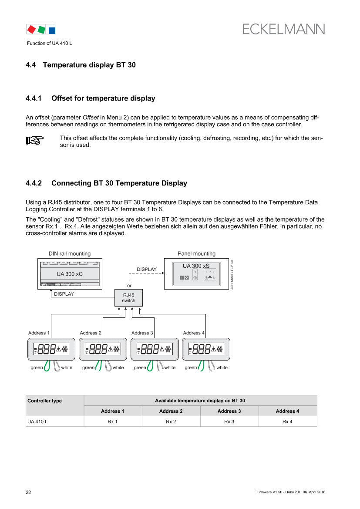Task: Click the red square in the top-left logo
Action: click(31, 30)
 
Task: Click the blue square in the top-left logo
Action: click(52, 30)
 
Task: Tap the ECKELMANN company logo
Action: click(284, 29)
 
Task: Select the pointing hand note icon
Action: click(35, 140)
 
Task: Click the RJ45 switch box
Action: click(128, 298)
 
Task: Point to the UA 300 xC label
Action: click(70, 274)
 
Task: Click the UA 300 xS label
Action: click(196, 266)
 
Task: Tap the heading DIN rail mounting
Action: click(69, 253)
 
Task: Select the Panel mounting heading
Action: click(196, 253)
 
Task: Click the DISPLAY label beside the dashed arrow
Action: click(147, 270)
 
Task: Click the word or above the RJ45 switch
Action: click(129, 286)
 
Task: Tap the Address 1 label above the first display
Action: click(39, 333)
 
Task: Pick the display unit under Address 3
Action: click(155, 349)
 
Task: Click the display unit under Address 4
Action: click(206, 349)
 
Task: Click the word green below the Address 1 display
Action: click(36, 368)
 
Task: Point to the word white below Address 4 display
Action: click(222, 368)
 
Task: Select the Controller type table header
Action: click(44, 401)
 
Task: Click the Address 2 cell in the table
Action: click(171, 411)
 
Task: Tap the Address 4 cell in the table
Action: click(287, 411)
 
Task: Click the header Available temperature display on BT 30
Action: click(200, 401)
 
